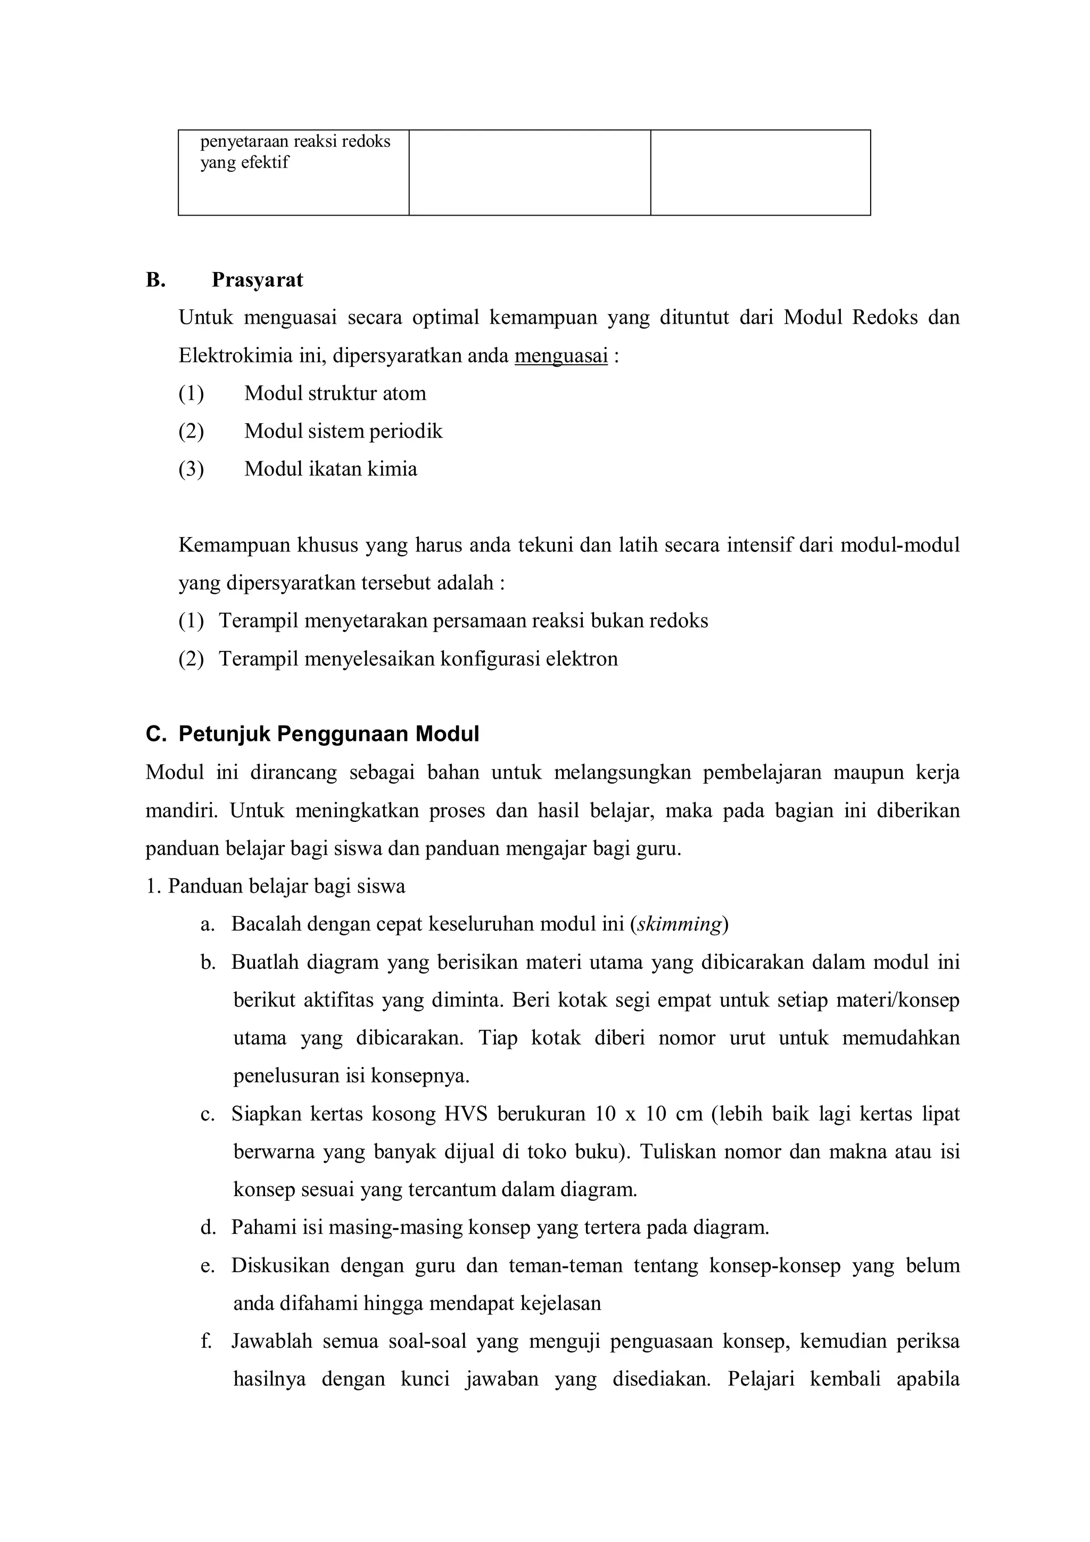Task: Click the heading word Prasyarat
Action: click(257, 280)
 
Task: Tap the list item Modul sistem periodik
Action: click(343, 431)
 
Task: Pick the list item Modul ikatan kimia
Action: click(331, 469)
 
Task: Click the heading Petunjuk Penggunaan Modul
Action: click(328, 734)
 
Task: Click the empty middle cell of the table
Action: click(529, 172)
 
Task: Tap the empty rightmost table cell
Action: click(760, 172)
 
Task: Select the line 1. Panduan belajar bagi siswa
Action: click(275, 887)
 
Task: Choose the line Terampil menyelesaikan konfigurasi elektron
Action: click(418, 659)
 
